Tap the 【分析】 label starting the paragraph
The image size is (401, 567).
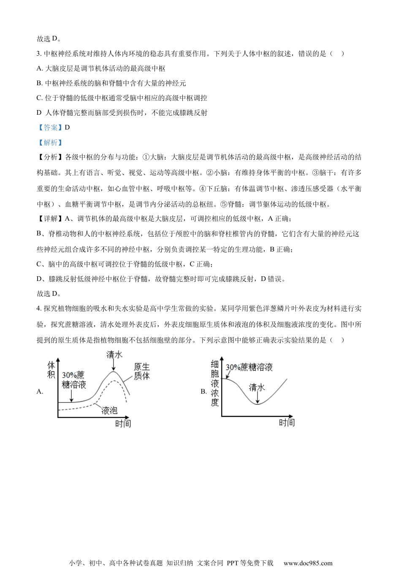[50, 157]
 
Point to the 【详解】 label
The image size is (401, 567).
[50, 219]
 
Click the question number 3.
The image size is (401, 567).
[38, 54]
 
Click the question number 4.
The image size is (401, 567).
[38, 308]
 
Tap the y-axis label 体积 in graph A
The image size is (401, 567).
[51, 370]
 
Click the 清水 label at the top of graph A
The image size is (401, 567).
[114, 354]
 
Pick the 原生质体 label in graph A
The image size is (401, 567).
[142, 371]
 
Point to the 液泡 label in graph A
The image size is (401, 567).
[109, 410]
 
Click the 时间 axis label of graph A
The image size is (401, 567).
[123, 423]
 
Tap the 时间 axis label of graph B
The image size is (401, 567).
[286, 422]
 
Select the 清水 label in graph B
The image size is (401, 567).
[257, 387]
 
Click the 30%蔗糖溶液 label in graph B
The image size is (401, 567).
[249, 367]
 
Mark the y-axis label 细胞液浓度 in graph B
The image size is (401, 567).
[215, 383]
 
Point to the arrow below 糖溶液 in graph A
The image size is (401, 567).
[72, 396]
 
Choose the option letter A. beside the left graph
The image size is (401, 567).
[40, 391]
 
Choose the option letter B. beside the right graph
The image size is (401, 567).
[203, 391]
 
